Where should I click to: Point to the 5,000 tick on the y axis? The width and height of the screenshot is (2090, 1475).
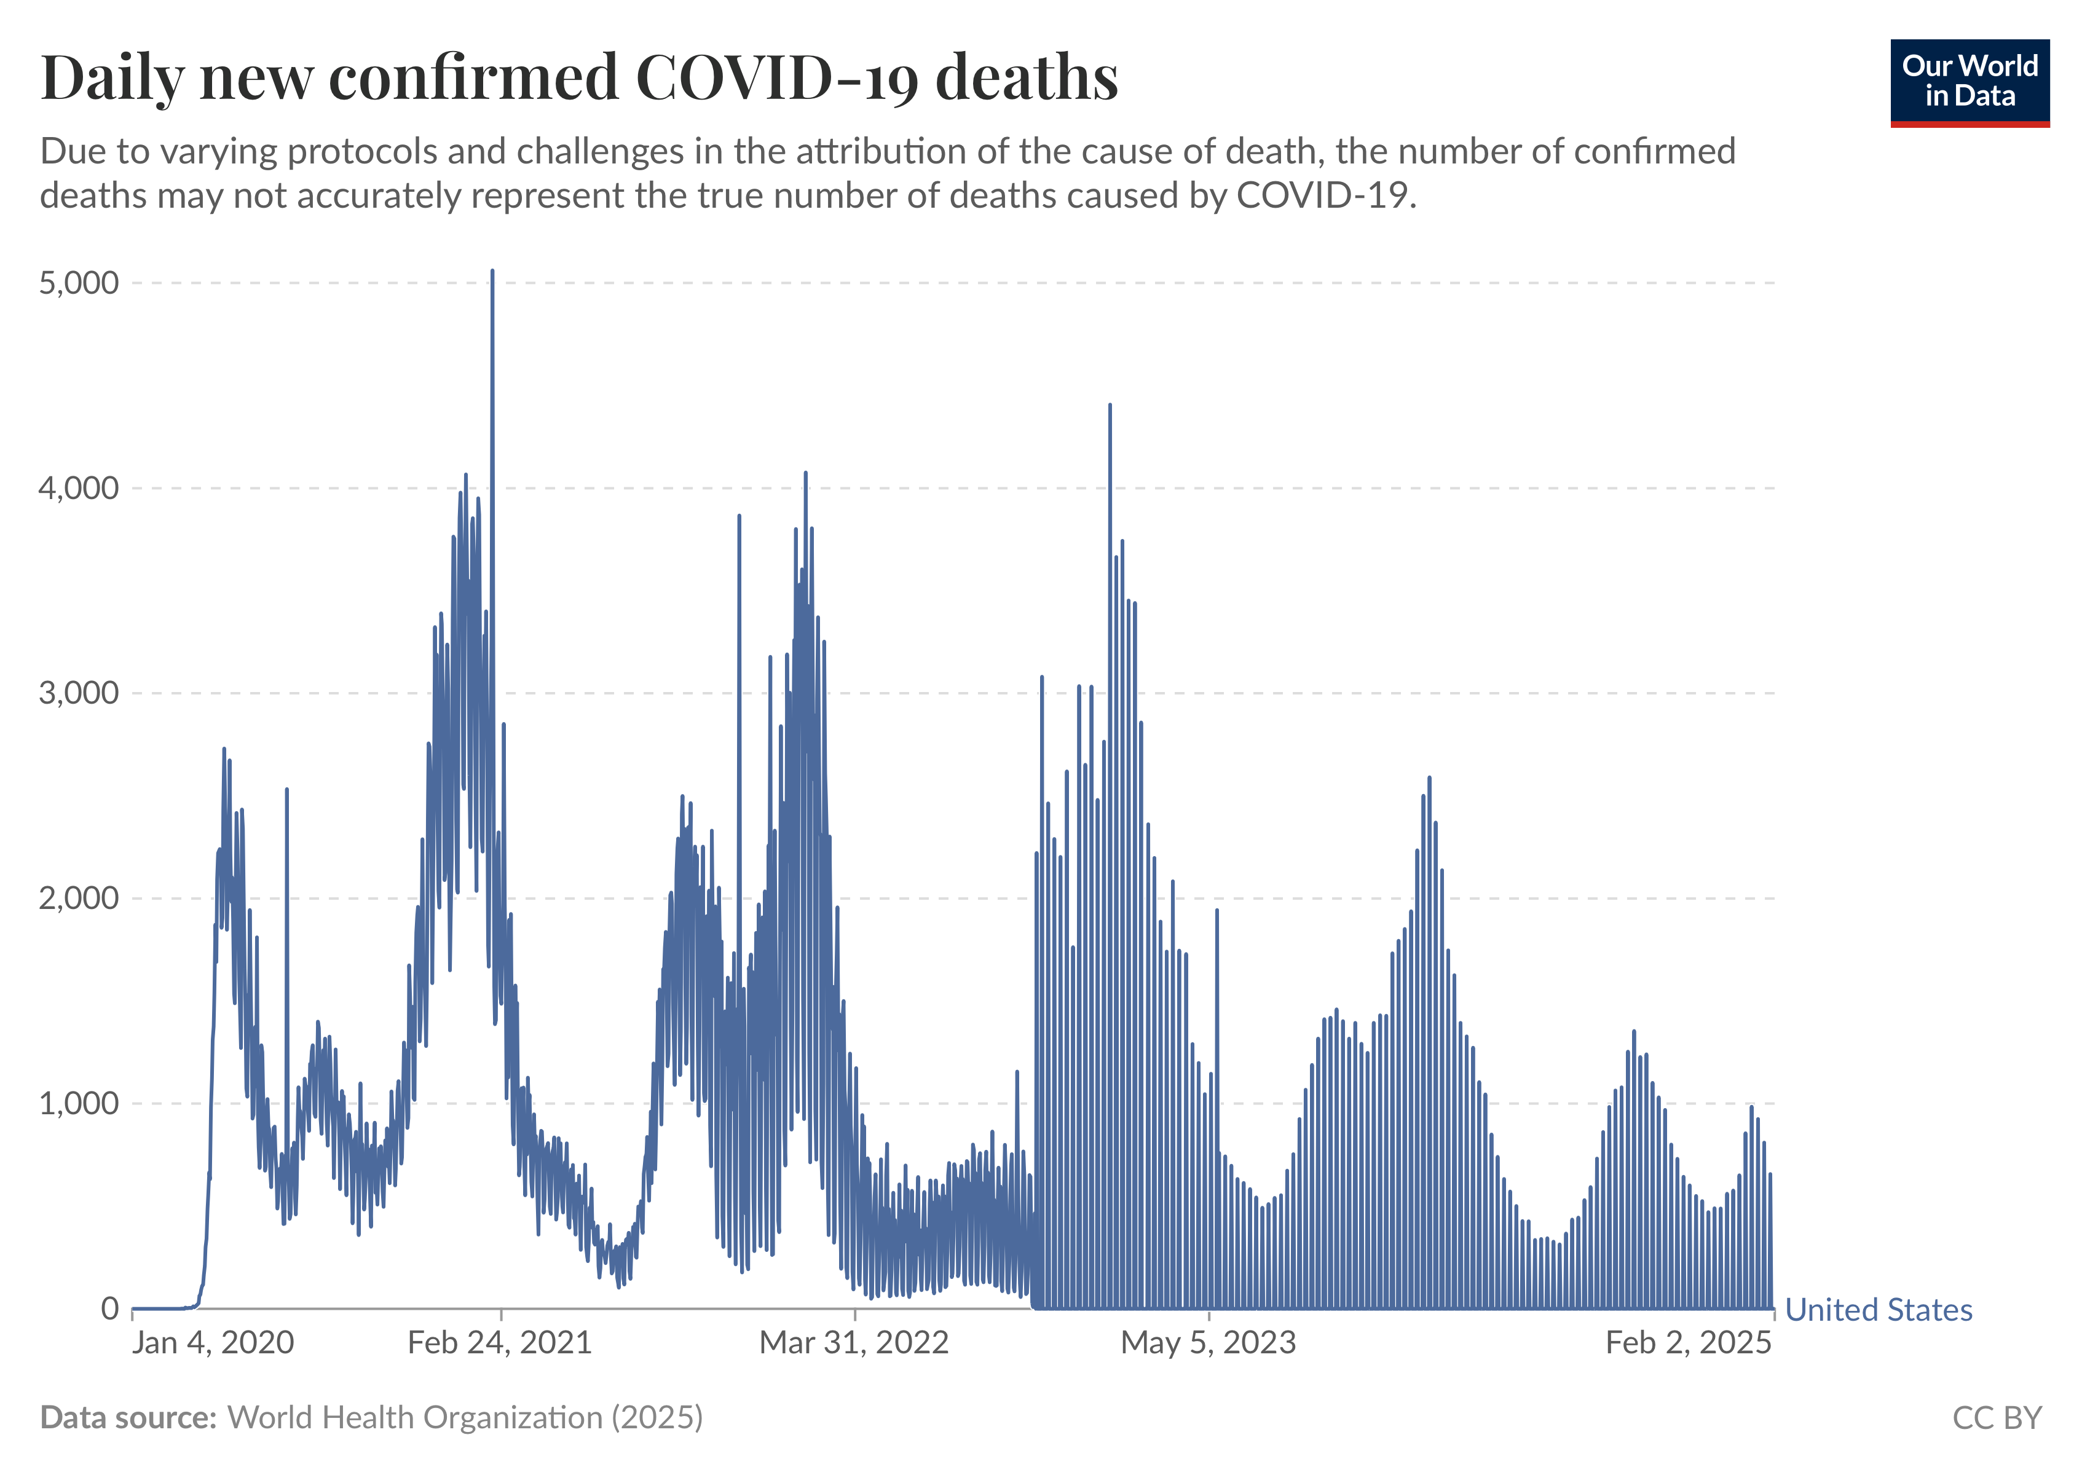pyautogui.click(x=79, y=283)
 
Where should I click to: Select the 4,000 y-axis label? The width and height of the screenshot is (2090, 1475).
pyautogui.click(x=79, y=489)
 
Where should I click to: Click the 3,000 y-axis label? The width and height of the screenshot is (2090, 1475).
pyautogui.click(x=79, y=693)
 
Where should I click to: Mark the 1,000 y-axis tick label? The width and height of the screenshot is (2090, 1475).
pyautogui.click(x=79, y=1104)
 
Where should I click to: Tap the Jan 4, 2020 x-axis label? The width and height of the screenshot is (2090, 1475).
pyautogui.click(x=213, y=1343)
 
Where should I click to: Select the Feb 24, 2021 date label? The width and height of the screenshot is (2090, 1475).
pyautogui.click(x=500, y=1343)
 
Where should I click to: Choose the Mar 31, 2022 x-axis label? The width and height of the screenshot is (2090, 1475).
pyautogui.click(x=854, y=1343)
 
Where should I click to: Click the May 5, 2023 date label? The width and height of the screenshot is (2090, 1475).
pyautogui.click(x=1208, y=1343)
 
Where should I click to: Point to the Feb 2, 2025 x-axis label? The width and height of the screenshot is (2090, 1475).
pyautogui.click(x=1689, y=1343)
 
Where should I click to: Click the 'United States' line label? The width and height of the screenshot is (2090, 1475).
pyautogui.click(x=1879, y=1310)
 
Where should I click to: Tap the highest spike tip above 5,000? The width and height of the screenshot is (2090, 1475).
pyautogui.click(x=492, y=271)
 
